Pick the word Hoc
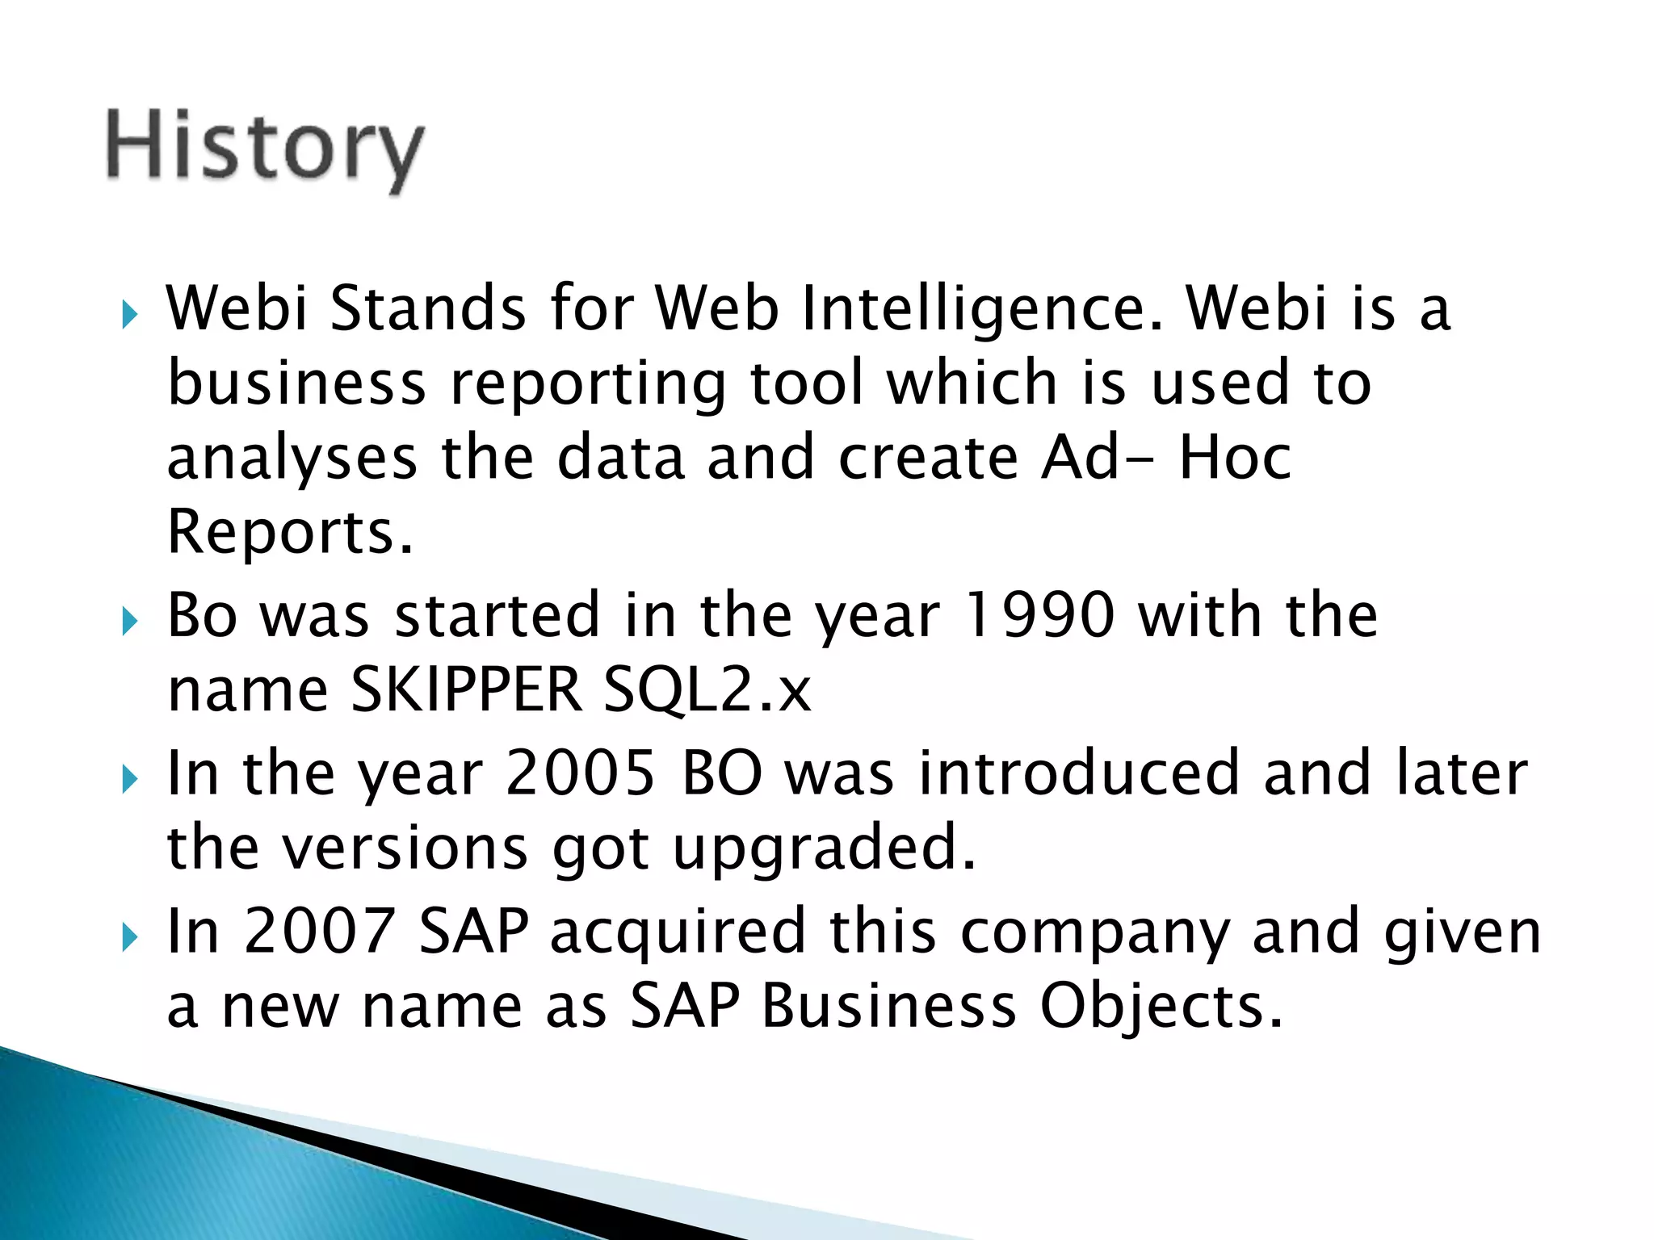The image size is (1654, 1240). point(1234,457)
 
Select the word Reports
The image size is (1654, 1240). point(290,533)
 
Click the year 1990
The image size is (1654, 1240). point(1039,615)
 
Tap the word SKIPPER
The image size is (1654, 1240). point(466,689)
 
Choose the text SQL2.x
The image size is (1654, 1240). point(707,691)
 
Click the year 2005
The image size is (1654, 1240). point(580,773)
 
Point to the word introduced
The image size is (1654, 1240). point(1078,773)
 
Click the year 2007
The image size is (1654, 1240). point(319,932)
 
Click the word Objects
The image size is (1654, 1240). point(1160,1007)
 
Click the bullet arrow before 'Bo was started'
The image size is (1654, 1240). point(129,622)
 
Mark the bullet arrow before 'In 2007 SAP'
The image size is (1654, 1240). point(129,938)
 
